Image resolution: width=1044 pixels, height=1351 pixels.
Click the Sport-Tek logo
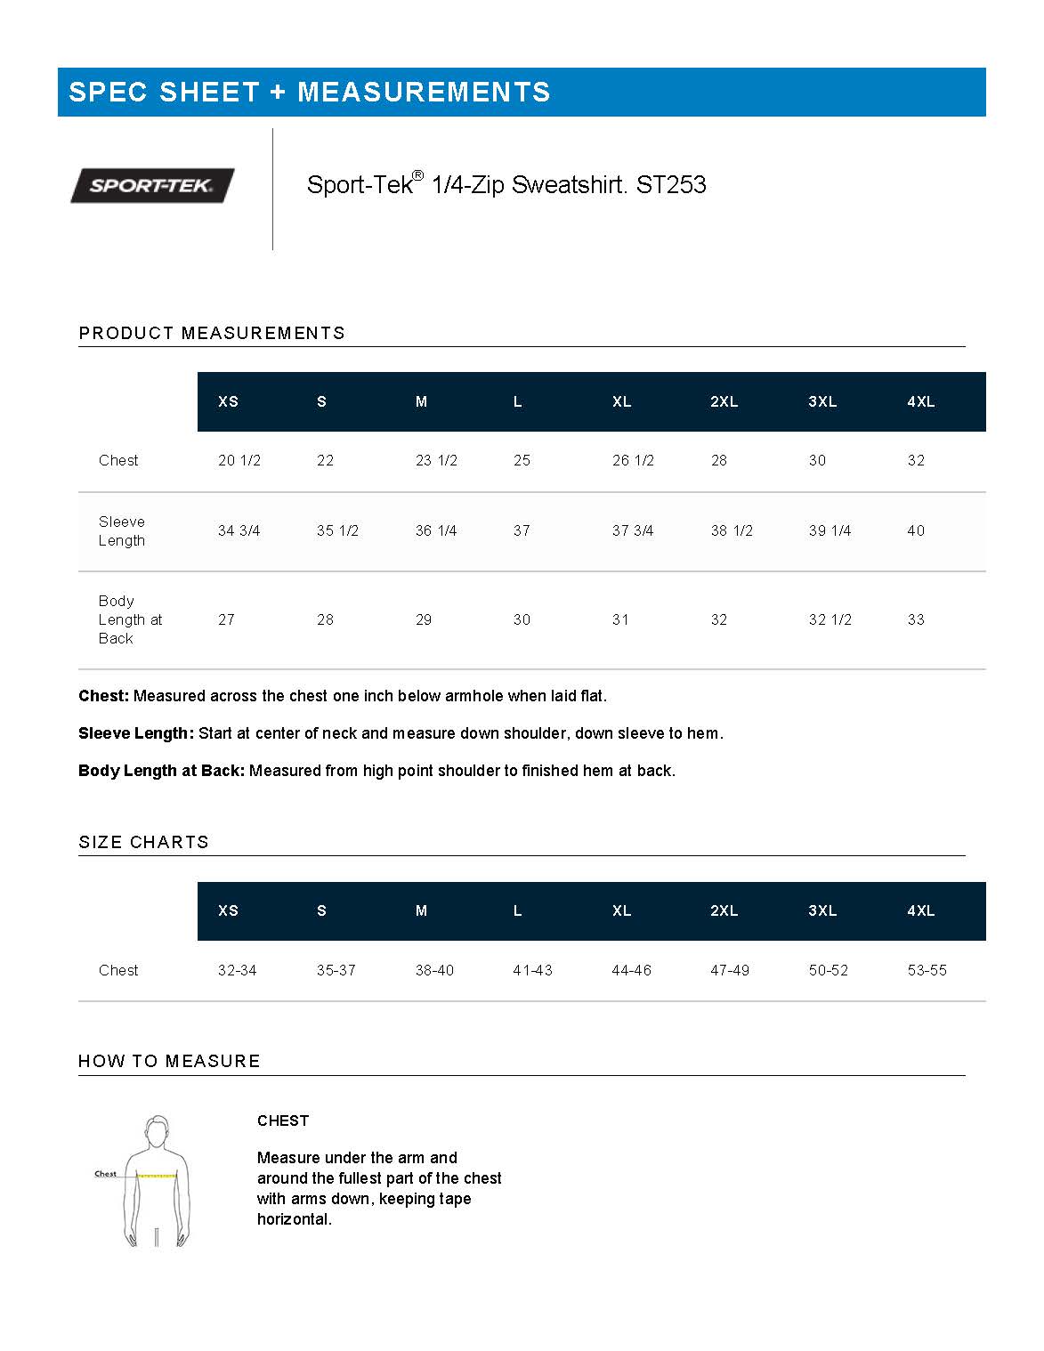point(152,185)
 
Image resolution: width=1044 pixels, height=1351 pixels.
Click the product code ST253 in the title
point(671,185)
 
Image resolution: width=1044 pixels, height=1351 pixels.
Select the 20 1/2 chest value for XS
point(239,460)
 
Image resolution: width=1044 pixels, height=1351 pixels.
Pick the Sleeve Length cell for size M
point(436,530)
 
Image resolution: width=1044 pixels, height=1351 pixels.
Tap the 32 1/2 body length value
point(830,619)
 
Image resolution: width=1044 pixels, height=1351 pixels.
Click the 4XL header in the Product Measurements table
point(920,401)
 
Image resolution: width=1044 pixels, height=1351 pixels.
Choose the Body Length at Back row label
point(130,619)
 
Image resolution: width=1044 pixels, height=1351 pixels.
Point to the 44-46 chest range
point(631,970)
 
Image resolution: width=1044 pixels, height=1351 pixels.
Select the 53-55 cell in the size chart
point(927,970)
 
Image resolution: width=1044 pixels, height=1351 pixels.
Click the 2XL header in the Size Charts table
point(724,910)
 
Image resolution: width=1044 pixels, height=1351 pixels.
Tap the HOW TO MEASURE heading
point(169,1061)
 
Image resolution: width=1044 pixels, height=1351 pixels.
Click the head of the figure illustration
point(157,1132)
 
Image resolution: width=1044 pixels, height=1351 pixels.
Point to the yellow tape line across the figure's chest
point(156,1177)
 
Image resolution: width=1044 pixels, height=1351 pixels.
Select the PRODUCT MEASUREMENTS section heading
point(212,333)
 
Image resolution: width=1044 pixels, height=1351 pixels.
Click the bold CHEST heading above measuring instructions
point(283,1120)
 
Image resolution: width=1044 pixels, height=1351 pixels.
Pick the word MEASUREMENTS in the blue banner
point(424,92)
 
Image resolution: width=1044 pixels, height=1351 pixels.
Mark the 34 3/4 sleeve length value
point(239,530)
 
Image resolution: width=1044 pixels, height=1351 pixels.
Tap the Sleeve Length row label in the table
point(122,530)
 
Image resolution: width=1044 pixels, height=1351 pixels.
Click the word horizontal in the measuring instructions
point(294,1219)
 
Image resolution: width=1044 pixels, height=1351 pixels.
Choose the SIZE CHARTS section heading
point(143,842)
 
